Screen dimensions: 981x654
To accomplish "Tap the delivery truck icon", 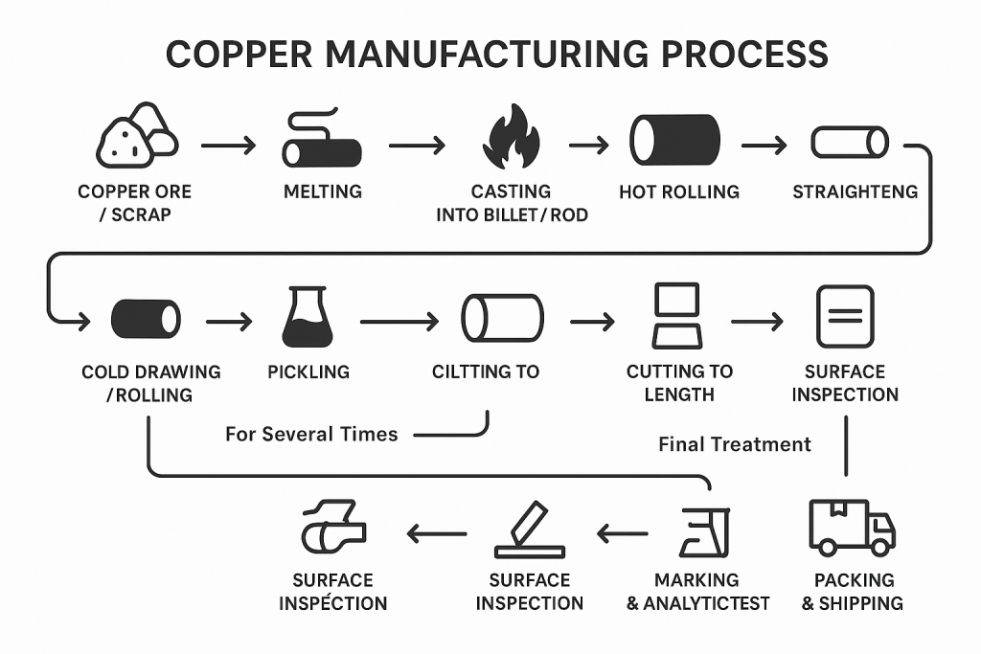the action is [x=852, y=527].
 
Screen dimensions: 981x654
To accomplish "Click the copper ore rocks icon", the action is [x=137, y=135].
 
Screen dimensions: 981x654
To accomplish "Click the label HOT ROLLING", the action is [x=679, y=192].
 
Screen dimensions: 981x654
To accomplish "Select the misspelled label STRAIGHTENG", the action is [x=856, y=192].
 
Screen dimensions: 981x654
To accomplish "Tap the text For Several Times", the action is [x=311, y=434].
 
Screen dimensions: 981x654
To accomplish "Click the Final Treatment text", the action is [x=735, y=444].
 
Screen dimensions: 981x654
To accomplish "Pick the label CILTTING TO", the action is [x=486, y=372].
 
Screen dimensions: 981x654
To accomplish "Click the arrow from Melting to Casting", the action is [x=417, y=146].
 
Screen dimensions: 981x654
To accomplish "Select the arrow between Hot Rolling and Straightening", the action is [x=764, y=146].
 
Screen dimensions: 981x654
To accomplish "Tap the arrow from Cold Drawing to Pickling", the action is [x=229, y=322].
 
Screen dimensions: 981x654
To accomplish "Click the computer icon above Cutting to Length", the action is [x=677, y=316].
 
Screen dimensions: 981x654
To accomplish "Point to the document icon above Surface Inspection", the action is [x=845, y=316].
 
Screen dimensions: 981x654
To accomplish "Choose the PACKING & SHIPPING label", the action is [x=853, y=592].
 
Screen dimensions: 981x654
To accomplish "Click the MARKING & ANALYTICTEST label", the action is [x=697, y=592].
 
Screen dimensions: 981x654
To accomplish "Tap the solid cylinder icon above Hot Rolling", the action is [x=674, y=140].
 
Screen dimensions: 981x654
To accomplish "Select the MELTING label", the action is [x=323, y=192].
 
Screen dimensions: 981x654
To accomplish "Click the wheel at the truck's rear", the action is [x=827, y=548].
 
